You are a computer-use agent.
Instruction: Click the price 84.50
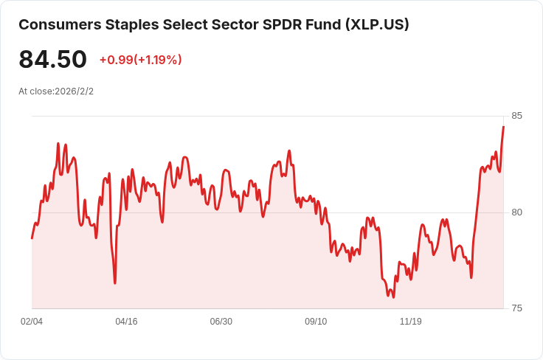52,60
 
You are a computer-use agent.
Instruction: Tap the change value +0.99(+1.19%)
140,60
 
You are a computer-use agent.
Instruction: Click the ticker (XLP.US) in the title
376,24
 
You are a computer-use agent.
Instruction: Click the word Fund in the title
325,24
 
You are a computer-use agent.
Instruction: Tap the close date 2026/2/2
74,91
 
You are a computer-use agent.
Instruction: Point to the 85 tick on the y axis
516,116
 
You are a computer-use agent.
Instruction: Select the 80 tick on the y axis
516,212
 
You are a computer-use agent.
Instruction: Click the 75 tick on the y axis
516,308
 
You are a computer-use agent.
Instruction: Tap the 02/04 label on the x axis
32,322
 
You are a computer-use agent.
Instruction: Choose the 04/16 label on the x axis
127,322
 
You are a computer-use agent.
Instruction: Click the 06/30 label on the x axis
221,322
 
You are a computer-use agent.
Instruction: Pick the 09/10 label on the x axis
316,322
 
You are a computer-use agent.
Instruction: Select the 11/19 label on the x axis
410,322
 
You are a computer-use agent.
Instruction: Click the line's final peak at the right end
503,127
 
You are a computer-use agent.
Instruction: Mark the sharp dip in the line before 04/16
115,283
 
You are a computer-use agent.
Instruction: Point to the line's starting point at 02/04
32,238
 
